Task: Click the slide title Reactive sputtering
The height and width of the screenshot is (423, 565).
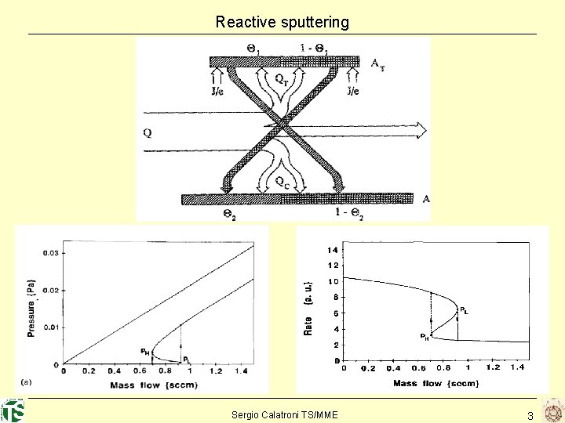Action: (282, 22)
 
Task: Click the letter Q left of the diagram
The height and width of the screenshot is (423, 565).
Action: (148, 132)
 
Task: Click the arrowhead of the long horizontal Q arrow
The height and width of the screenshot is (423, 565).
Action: (421, 128)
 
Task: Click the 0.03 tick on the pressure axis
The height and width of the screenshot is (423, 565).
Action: (50, 252)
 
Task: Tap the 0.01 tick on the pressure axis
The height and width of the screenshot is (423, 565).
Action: (50, 327)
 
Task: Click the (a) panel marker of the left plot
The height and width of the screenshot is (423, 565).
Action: (27, 381)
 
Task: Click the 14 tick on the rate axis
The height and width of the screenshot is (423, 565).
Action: (333, 250)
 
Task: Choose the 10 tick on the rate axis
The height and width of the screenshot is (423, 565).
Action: (333, 281)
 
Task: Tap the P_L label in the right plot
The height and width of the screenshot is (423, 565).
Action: (465, 309)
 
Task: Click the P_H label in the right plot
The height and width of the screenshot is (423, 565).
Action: (424, 338)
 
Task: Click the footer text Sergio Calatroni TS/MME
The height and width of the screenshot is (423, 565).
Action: (285, 414)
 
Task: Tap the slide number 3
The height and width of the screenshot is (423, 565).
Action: (530, 416)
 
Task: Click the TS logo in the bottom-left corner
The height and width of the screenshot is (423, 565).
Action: (13, 410)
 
